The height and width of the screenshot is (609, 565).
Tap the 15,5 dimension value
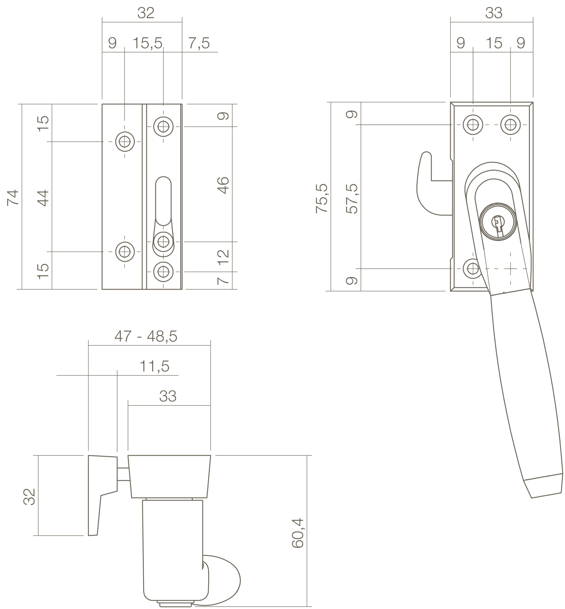[147, 43]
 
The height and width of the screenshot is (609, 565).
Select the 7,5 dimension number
[199, 43]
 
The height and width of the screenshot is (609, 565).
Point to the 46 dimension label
[223, 185]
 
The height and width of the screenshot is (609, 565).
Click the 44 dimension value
[43, 198]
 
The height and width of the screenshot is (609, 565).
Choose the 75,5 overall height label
[322, 198]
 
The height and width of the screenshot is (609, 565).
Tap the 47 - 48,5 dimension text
[146, 337]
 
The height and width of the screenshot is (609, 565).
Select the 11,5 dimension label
[154, 366]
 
